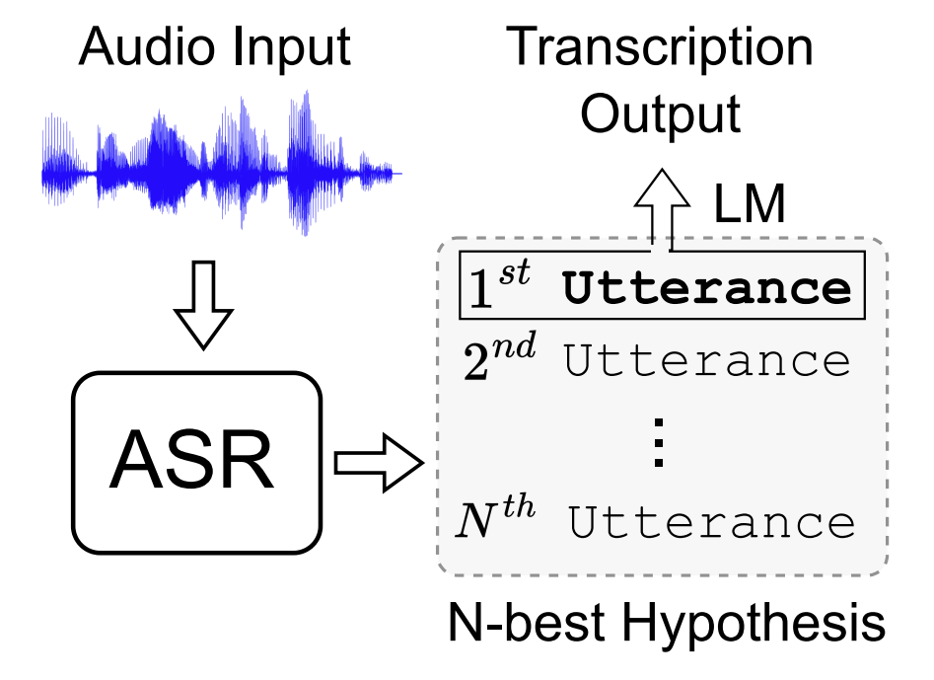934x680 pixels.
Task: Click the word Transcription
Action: pyautogui.click(x=660, y=46)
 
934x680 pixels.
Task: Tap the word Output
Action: pyautogui.click(x=660, y=113)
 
